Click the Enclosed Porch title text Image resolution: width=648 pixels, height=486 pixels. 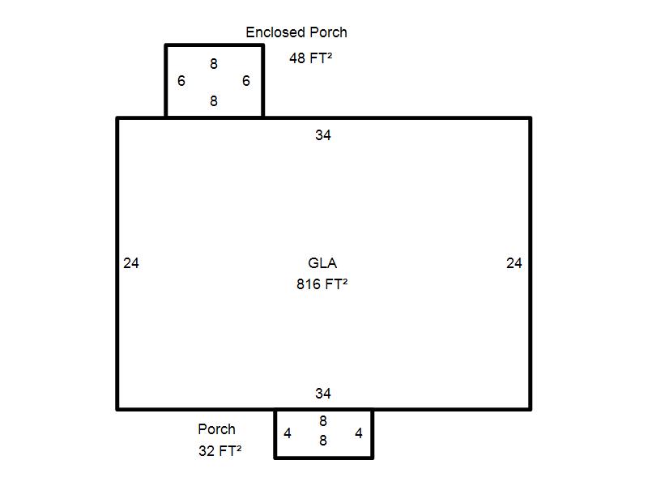point(296,32)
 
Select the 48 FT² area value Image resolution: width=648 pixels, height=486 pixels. point(311,58)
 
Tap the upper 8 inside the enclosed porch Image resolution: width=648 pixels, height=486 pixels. point(214,64)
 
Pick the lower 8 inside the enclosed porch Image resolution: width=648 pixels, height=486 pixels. point(214,100)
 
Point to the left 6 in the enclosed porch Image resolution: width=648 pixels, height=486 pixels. point(181,80)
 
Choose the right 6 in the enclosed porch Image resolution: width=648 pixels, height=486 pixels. point(246,80)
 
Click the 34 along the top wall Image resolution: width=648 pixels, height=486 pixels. point(322,135)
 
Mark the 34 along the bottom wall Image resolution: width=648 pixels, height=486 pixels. point(322,394)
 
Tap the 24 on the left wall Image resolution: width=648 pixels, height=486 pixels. point(131,263)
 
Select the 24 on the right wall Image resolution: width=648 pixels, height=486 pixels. point(514,263)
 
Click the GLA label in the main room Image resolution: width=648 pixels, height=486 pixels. point(322,262)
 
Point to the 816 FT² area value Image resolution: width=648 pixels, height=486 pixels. point(322,284)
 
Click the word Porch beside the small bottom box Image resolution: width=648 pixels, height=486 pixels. point(216,429)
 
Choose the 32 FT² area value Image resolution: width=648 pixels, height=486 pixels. point(220,450)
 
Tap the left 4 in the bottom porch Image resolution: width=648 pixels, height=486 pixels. point(288,433)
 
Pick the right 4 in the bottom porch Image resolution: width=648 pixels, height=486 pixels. point(359,433)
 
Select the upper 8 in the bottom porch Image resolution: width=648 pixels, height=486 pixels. point(323,421)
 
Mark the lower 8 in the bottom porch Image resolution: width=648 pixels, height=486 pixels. point(323,441)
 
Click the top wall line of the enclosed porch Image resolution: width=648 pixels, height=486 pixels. point(214,45)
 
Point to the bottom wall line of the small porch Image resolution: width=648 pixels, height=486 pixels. point(323,458)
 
